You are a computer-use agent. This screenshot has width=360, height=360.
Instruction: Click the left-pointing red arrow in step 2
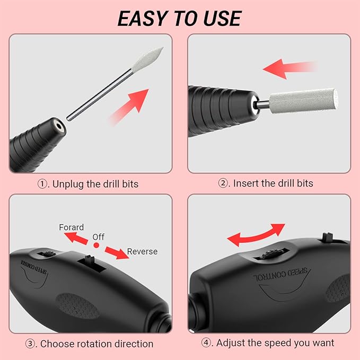pos(289,68)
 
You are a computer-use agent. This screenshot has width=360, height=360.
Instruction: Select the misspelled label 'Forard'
pos(71,227)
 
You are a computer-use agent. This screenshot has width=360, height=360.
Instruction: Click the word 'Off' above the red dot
pos(99,236)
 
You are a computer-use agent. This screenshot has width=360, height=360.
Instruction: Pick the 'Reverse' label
pos(142,251)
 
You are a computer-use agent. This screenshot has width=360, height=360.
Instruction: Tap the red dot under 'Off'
pos(97,246)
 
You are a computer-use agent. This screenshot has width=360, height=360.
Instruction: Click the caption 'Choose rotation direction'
pos(91,344)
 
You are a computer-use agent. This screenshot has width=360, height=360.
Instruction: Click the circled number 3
pos(32,344)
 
